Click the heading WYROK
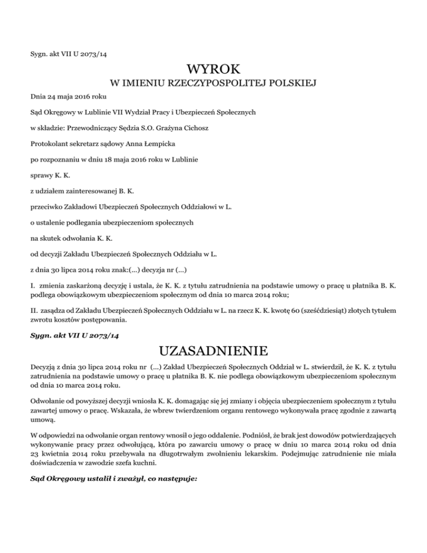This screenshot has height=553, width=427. click(213, 70)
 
